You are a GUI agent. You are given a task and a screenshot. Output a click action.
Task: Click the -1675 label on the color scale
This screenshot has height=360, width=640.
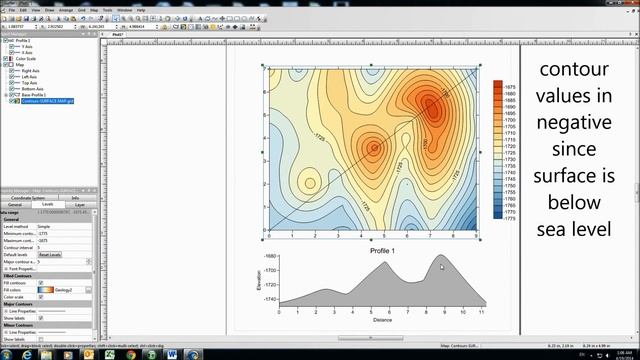click(511, 85)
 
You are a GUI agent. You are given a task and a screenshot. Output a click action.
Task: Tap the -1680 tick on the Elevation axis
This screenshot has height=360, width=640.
click(257, 257)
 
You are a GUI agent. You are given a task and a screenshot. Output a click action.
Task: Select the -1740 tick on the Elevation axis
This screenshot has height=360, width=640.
click(257, 299)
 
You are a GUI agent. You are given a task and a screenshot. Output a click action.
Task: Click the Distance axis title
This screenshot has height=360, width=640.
click(375, 321)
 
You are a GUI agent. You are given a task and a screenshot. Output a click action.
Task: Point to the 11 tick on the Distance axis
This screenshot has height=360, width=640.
click(480, 312)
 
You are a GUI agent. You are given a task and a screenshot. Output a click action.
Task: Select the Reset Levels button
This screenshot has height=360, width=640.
click(49, 254)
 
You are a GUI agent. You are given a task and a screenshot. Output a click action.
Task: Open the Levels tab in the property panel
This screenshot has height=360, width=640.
click(47, 204)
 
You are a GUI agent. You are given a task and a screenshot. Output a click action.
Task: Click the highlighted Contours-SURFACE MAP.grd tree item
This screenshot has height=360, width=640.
click(49, 102)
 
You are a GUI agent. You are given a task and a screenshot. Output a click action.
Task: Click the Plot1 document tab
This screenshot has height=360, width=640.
click(118, 33)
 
